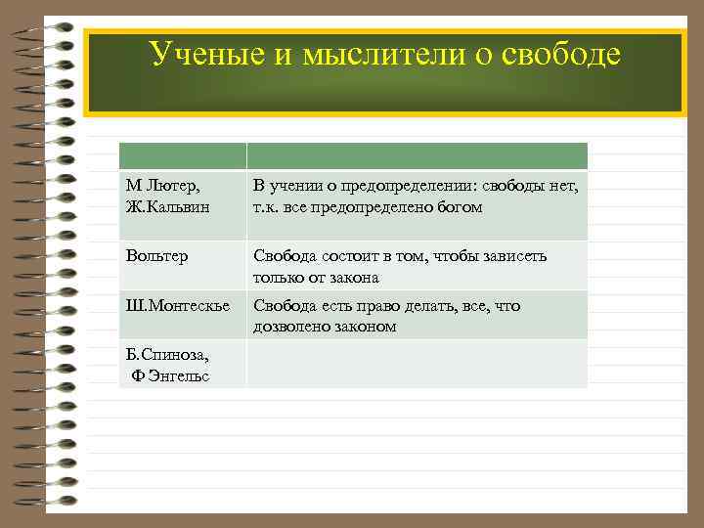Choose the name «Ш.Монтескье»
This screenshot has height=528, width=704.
(178, 306)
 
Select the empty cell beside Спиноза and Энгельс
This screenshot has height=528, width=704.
(417, 364)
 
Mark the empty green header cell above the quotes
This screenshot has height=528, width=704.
(417, 156)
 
